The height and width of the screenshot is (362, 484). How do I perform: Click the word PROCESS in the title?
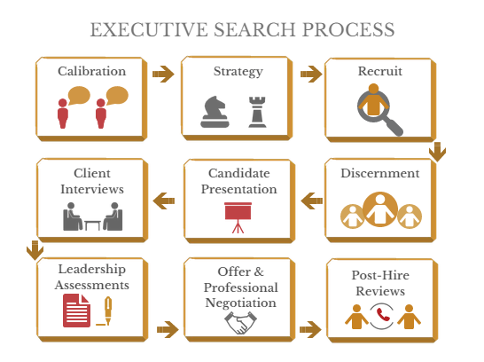(348, 29)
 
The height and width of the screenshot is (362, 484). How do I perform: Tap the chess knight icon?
(215, 112)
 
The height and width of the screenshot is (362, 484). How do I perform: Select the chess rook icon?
(257, 112)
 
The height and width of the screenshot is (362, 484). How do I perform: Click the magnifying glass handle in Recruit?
(394, 126)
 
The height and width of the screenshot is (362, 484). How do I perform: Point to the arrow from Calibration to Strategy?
(163, 74)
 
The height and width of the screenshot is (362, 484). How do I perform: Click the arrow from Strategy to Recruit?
(311, 74)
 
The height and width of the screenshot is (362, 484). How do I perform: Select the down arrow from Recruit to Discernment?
(437, 152)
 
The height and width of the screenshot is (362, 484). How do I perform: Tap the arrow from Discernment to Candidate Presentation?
(312, 201)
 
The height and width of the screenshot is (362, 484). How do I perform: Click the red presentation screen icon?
(238, 217)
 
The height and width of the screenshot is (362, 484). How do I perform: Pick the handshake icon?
(240, 323)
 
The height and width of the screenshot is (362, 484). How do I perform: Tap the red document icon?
(76, 311)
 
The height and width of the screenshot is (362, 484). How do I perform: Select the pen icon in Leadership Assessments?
(108, 311)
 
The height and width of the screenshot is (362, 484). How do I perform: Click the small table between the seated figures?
(92, 225)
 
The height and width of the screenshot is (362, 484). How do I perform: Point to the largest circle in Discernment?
(380, 209)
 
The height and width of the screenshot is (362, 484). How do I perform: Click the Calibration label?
(92, 71)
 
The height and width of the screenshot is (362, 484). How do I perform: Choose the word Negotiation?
(241, 303)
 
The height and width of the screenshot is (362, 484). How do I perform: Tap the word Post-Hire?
(380, 275)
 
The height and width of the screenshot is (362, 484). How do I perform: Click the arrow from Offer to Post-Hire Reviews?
(310, 329)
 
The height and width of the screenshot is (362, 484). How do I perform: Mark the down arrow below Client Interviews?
(35, 250)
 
